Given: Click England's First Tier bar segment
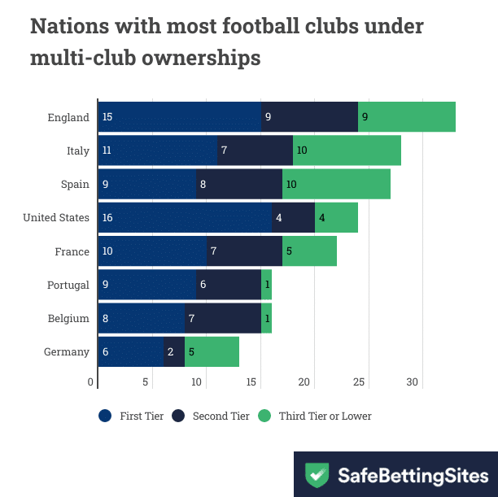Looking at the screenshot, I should point(180,117).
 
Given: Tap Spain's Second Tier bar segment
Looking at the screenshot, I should point(239,185).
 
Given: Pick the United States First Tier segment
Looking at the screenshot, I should point(185,218).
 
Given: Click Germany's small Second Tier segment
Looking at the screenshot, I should point(174,352).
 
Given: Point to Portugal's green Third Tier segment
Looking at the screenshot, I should point(266,285).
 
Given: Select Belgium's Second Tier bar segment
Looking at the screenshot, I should point(223,318).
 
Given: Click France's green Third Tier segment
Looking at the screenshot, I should point(309,251).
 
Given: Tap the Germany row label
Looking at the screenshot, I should point(68,352).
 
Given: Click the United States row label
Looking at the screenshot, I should point(56,218).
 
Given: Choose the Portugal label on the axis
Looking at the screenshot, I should point(68,285).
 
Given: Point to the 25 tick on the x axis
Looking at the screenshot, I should point(360,381).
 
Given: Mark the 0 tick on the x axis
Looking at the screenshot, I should point(91,381).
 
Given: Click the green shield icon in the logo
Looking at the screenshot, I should point(317,475).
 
